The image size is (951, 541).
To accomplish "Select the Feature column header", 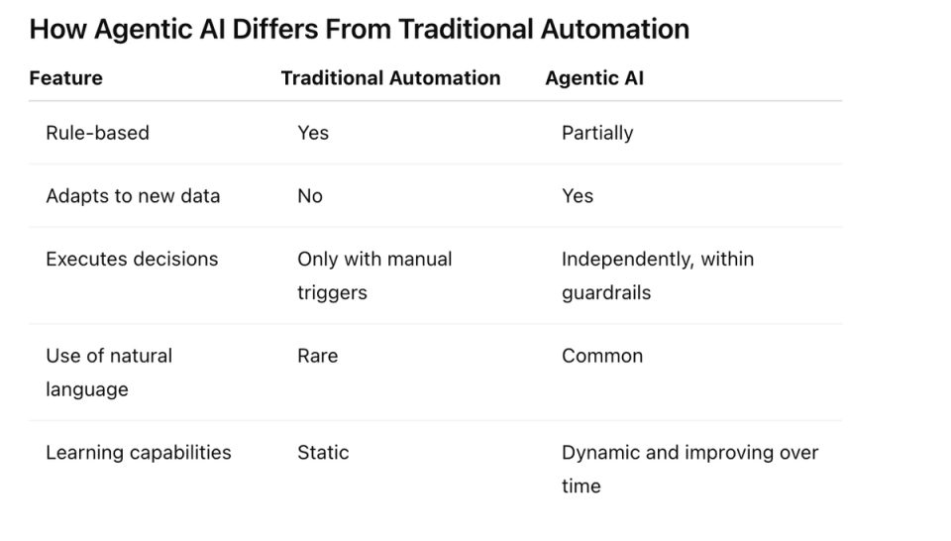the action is (66, 78).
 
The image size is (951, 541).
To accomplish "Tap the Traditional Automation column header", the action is (390, 78).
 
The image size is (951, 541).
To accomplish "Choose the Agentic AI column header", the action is (594, 79).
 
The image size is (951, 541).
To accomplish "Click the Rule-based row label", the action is (98, 133).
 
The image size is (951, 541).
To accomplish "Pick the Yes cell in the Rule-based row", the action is (313, 133).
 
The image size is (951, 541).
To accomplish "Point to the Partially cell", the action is (597, 134).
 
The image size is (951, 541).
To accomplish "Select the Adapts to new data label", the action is (133, 196).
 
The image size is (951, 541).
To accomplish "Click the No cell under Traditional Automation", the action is (310, 196).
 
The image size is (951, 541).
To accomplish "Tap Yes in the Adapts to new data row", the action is (578, 196).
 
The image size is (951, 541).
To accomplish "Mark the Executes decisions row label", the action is (132, 259).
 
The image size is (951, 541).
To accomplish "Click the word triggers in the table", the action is (333, 293).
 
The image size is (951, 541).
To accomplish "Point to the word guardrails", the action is (606, 293).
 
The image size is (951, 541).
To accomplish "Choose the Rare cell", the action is (318, 356).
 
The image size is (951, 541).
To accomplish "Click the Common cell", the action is (602, 356).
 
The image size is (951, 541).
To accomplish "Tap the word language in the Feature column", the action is (87, 390).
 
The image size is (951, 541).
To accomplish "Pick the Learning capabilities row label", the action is (139, 453).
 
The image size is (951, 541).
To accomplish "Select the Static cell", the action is (323, 453).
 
